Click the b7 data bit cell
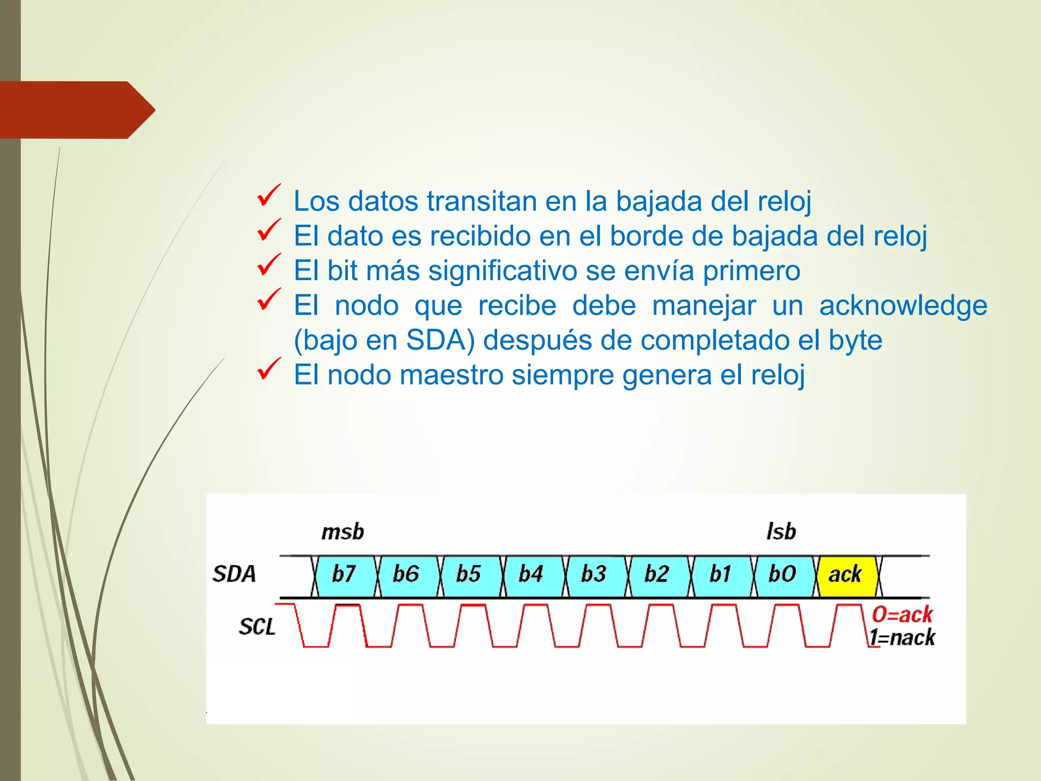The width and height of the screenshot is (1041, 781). [345, 575]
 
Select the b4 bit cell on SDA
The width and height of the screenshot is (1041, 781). [532, 575]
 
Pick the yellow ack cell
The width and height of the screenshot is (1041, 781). [846, 575]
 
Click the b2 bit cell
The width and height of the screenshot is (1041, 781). [657, 575]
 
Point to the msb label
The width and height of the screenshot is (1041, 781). [343, 532]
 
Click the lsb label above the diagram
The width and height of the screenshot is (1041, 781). [781, 532]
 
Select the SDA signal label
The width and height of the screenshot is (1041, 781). [234, 574]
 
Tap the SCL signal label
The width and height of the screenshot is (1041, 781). [257, 626]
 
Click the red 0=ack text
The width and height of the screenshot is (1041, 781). [903, 615]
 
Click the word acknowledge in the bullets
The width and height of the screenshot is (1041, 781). [903, 306]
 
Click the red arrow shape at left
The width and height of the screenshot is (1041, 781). [76, 110]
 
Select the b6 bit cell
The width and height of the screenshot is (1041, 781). [407, 575]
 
